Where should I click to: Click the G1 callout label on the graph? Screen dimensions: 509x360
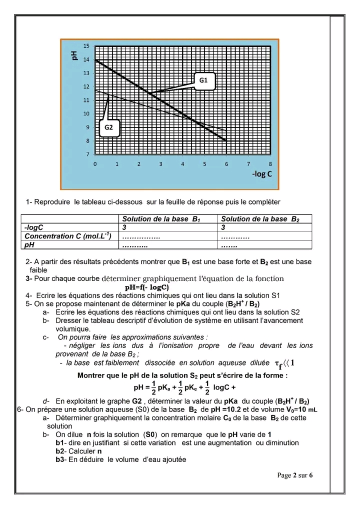click(x=203, y=80)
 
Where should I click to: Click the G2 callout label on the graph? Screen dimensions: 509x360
click(x=109, y=127)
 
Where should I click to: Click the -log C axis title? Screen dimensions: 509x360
click(x=262, y=174)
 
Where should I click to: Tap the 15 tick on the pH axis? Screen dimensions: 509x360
click(x=86, y=46)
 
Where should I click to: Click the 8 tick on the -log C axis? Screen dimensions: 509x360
click(x=270, y=163)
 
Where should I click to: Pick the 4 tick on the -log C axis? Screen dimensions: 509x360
click(x=182, y=163)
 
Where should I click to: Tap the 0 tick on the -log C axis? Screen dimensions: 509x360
click(x=95, y=163)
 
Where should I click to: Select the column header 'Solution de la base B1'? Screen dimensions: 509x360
click(x=161, y=218)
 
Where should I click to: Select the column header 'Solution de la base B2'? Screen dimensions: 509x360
click(x=260, y=218)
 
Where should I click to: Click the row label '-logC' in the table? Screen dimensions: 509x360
click(x=34, y=227)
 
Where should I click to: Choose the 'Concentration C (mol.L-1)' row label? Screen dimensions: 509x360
click(x=68, y=235)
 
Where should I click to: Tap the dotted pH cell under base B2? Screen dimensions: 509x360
click(x=229, y=245)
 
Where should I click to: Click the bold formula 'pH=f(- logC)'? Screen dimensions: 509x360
click(x=146, y=287)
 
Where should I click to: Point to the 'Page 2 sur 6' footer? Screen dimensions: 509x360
click(x=295, y=475)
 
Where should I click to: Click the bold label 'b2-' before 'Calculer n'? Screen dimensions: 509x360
click(x=60, y=451)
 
